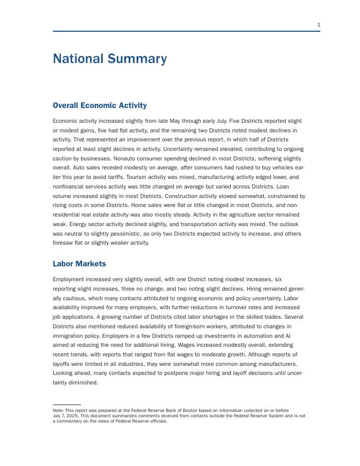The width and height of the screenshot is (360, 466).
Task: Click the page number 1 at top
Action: (x=319, y=25)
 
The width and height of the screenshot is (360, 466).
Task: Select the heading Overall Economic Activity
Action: (x=100, y=105)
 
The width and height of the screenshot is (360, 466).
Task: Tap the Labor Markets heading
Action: (x=79, y=264)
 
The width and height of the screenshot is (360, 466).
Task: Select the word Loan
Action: (x=295, y=186)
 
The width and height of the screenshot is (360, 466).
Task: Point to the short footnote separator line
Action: (x=67, y=405)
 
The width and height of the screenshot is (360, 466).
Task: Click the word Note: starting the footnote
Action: (x=58, y=410)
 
